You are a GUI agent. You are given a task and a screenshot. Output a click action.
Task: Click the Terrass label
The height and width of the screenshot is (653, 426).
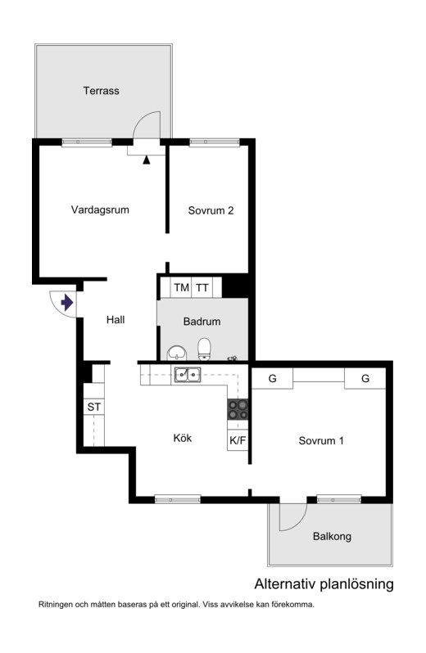click(x=102, y=90)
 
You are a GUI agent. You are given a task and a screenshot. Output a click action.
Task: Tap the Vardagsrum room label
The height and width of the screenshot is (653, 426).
click(x=100, y=209)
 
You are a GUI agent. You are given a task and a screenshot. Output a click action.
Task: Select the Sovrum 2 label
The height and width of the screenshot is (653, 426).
click(x=211, y=210)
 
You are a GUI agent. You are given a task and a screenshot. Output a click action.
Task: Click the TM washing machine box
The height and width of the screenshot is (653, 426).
click(x=181, y=287)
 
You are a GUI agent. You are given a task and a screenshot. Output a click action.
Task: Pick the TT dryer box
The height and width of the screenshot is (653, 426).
click(x=202, y=287)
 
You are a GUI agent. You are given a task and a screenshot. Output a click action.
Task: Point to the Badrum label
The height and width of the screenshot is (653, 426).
click(x=202, y=322)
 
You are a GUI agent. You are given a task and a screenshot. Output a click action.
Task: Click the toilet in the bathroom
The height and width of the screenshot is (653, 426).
click(x=204, y=349)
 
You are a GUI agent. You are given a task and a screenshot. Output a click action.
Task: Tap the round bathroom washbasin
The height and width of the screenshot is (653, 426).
click(x=177, y=354)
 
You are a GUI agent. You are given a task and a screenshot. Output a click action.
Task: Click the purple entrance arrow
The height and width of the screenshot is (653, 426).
click(x=66, y=302)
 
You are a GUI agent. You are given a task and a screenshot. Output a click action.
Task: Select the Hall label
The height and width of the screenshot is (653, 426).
click(x=116, y=320)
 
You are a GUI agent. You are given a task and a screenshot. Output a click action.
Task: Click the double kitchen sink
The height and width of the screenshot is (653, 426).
click(x=188, y=375)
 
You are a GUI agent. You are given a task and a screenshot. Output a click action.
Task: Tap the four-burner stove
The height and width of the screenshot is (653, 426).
click(x=238, y=409)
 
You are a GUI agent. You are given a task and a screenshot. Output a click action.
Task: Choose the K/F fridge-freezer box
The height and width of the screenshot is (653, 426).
click(x=238, y=440)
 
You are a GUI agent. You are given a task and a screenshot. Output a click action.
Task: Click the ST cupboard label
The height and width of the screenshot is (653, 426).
click(x=93, y=407)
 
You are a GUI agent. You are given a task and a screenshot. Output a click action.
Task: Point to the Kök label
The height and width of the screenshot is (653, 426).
click(x=183, y=438)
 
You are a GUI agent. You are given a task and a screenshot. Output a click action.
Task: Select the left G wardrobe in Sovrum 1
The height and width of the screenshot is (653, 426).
click(x=273, y=379)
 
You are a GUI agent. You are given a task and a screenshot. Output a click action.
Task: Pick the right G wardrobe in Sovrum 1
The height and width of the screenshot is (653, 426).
click(x=365, y=379)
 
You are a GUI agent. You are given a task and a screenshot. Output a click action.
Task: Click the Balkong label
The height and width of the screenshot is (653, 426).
click(x=332, y=537)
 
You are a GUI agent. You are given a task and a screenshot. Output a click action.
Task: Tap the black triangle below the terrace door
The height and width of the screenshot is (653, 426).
click(x=147, y=160)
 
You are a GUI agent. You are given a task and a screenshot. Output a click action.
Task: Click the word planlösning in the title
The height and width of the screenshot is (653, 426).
click(x=356, y=584)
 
